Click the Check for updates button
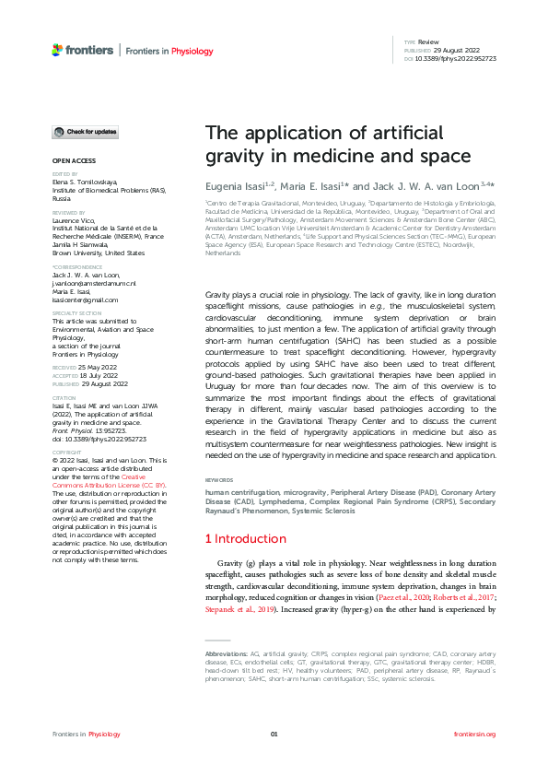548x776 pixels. coord(85,133)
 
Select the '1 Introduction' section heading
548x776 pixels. coord(246,538)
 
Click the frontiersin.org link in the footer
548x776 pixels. coord(475,734)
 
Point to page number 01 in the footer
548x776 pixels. coord(274,734)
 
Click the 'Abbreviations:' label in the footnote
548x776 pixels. coord(232,653)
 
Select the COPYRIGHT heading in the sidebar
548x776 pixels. coord(66,453)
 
